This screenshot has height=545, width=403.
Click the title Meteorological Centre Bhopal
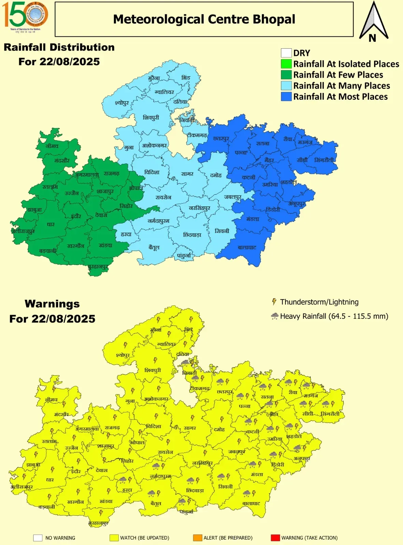pos(204,19)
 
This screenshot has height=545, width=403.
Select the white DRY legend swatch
pos(286,53)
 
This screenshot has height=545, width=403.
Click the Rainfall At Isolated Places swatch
pos(286,64)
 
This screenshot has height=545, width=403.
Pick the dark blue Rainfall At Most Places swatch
pos(286,97)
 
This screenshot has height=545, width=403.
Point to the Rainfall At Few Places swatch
pos(286,75)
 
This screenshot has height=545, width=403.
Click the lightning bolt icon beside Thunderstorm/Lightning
pos(274,302)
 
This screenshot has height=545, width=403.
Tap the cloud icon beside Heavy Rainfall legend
pos(274,316)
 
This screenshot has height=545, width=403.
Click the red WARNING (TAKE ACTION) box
pos(275,538)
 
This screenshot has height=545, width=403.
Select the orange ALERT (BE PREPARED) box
pos(197,538)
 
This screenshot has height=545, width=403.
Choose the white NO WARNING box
pos(38,538)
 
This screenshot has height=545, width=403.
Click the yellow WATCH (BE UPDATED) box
pos(114,538)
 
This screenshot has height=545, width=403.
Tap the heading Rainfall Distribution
pos(59,47)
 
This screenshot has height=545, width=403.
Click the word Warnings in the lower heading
pos(52,303)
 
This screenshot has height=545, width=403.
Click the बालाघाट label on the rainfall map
pos(247,247)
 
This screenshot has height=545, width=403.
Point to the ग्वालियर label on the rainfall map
pos(164,92)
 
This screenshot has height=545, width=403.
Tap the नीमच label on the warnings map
pos(51,400)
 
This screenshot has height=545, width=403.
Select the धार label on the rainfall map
pos(50,224)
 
